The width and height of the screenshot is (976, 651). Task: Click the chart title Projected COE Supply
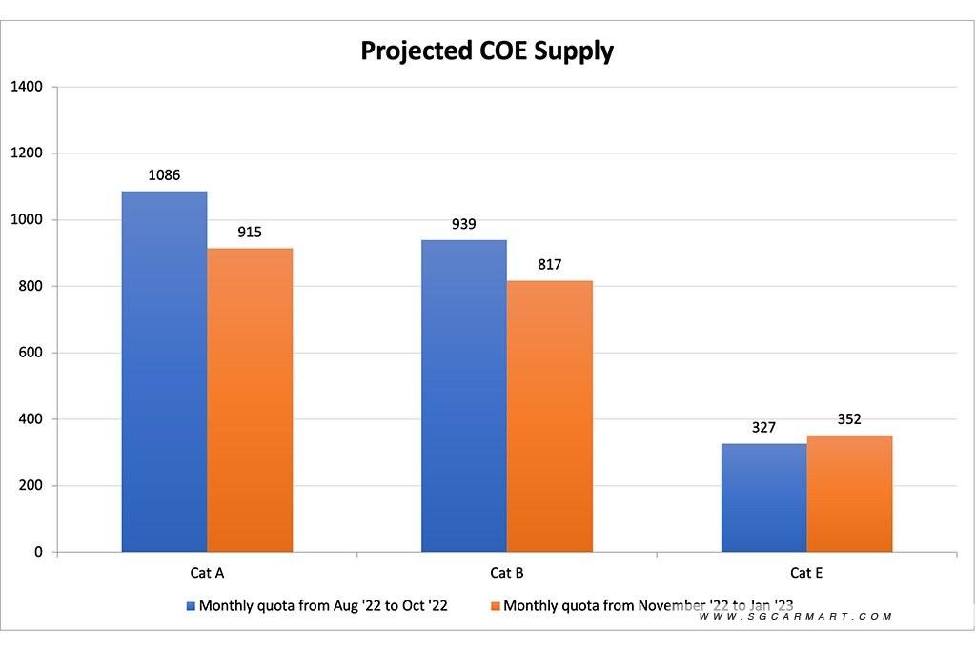[x=487, y=51]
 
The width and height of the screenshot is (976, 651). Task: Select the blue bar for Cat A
[x=164, y=372]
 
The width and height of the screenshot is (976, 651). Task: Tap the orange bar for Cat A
[x=250, y=400]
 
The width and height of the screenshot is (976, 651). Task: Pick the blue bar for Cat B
[x=464, y=396]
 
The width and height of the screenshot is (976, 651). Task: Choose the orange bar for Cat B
[x=549, y=417]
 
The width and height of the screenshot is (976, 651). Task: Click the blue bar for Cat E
[x=763, y=498]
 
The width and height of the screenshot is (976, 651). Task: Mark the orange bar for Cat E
[x=849, y=494]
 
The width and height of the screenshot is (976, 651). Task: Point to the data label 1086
[x=164, y=175]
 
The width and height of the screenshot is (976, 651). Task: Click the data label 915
[x=250, y=232]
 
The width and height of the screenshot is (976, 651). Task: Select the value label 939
[x=464, y=224]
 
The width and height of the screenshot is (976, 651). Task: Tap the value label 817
[x=549, y=264]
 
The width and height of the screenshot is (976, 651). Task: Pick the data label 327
[x=763, y=428]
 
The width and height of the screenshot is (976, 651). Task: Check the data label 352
[x=849, y=419]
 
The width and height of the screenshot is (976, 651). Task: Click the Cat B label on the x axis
[x=506, y=573]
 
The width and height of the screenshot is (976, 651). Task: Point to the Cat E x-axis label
[x=806, y=573]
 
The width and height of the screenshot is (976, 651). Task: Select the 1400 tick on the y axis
[x=27, y=87]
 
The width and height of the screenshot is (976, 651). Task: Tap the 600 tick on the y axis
[x=30, y=353]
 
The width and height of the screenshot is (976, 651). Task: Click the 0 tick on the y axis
[x=38, y=552]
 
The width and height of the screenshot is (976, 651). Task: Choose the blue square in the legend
[x=191, y=605]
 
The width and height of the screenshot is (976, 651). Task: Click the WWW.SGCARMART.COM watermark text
[x=795, y=617]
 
